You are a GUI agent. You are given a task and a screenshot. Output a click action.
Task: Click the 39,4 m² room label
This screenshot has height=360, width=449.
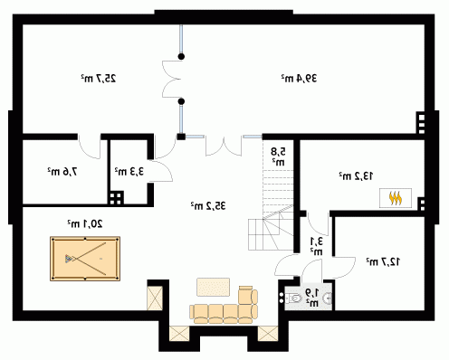(x=299, y=79)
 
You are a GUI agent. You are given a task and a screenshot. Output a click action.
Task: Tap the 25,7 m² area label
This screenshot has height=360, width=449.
(x=99, y=79)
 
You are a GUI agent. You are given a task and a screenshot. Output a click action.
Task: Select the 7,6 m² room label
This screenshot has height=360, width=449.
(x=62, y=172)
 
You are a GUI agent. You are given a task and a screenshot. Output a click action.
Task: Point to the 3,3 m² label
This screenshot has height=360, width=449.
(x=129, y=172)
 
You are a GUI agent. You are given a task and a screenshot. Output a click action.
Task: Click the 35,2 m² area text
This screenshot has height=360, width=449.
(x=208, y=205)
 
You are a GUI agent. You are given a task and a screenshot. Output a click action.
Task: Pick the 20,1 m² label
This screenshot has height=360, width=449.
(x=85, y=223)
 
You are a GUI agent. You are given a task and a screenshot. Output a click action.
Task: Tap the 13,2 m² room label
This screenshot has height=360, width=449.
(x=356, y=175)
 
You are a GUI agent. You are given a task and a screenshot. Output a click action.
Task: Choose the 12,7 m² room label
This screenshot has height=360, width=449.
(x=383, y=261)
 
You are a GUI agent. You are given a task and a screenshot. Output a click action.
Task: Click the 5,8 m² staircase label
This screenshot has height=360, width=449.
(x=278, y=156)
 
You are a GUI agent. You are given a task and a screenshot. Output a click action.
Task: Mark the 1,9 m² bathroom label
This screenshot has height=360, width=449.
(x=311, y=298)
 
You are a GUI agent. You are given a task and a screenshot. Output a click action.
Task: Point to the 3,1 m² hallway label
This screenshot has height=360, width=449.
(x=316, y=246)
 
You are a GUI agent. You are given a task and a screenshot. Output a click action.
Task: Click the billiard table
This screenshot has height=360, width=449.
(x=85, y=259)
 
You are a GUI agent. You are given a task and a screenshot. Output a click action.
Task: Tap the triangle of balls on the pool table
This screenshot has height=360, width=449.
(x=69, y=259)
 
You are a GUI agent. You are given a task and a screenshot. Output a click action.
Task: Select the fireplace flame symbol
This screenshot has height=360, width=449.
(x=396, y=198)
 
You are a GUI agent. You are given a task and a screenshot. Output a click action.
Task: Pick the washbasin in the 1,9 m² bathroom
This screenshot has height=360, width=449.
(x=327, y=298)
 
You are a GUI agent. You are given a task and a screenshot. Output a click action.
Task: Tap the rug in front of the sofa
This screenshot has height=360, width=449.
(x=214, y=287)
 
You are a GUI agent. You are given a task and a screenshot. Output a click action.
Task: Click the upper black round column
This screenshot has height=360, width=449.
(x=181, y=56)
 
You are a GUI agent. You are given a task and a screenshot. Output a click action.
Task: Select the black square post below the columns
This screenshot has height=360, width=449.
(x=181, y=137)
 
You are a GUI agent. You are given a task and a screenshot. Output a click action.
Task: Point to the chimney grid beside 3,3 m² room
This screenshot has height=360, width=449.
(x=116, y=198)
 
